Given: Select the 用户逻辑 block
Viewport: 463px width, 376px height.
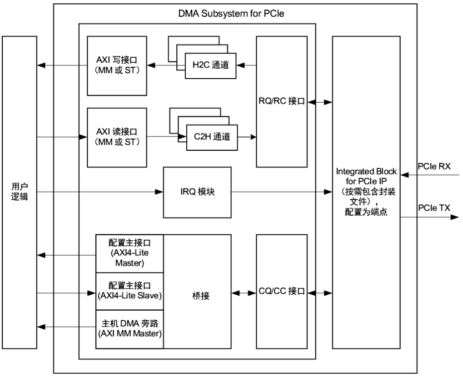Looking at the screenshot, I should click(x=19, y=192).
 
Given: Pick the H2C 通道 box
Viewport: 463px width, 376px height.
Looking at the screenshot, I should click(x=210, y=65).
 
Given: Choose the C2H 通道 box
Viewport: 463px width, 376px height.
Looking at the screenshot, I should click(x=212, y=136).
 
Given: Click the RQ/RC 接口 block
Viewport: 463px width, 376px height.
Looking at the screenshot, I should click(x=281, y=101).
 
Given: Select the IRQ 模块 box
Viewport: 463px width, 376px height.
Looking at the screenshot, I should click(x=198, y=192).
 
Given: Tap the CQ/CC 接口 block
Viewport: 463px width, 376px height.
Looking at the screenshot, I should click(x=281, y=291).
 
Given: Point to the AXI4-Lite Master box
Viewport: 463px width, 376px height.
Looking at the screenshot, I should click(x=129, y=253).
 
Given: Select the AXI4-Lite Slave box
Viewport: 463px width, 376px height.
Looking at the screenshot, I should click(x=129, y=292).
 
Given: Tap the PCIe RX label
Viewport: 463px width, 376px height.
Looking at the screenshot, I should click(x=433, y=167).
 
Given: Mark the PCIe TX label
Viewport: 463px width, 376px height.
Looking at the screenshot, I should click(x=433, y=208).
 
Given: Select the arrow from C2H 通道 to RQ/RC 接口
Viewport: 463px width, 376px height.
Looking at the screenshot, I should click(x=247, y=136).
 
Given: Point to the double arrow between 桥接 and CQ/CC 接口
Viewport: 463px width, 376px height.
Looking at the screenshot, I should click(x=244, y=293).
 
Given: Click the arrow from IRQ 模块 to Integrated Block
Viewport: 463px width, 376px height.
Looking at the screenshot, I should click(x=282, y=192).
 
